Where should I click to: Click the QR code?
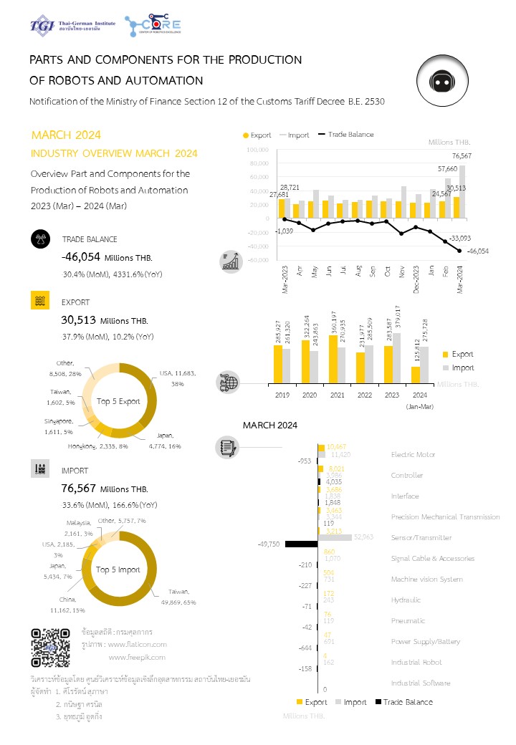(50, 647)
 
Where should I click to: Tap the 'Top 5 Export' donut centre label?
(119, 401)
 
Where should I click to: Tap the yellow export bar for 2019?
(278, 366)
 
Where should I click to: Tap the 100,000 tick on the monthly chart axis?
(257, 150)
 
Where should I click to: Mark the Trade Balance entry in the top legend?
(350, 135)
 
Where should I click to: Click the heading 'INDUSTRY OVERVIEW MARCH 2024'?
(114, 153)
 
